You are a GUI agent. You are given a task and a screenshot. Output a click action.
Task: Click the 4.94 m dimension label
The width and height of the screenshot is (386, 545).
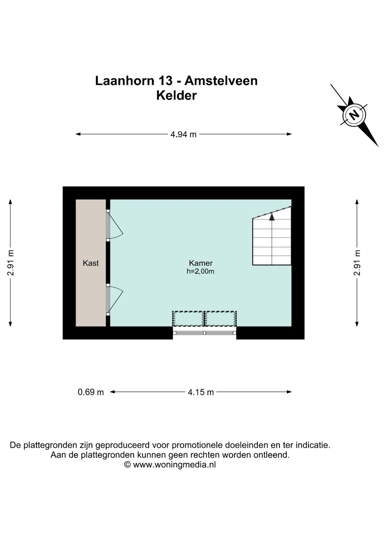point(183,134)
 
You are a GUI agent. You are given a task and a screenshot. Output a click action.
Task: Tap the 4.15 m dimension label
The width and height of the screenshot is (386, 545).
point(201,392)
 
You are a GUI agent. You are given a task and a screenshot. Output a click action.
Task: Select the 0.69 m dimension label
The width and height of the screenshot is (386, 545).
point(91,392)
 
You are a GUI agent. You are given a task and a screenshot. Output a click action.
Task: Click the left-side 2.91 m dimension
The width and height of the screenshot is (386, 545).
point(11,263)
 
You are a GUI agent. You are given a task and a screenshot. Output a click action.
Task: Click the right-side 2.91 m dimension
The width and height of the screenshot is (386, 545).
point(357,263)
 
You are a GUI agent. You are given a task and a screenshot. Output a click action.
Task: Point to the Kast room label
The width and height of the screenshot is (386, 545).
point(91,263)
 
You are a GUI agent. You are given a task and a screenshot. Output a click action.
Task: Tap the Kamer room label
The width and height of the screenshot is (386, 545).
point(201,263)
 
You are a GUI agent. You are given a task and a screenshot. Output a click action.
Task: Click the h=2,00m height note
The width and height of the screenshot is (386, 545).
point(201,271)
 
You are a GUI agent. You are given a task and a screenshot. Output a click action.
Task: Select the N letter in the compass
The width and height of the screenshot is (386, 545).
point(354,115)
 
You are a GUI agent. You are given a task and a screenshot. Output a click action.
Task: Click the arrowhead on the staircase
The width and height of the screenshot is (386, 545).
point(272,216)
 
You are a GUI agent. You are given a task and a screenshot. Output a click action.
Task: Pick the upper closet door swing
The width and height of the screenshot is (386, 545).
point(115,226)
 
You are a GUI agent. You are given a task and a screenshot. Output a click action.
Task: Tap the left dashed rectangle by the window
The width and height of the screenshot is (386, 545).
point(188,318)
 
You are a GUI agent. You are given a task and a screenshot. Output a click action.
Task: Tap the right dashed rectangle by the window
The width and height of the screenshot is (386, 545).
point(221,318)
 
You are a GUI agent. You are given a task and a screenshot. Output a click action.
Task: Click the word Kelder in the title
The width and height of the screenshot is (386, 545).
point(177,96)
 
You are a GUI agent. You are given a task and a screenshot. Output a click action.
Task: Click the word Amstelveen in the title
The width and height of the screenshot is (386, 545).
point(221,81)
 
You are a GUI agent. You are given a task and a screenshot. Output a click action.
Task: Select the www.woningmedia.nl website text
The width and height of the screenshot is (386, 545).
point(174,464)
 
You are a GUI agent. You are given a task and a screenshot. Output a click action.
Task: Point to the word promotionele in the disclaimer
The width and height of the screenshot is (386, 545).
point(197,445)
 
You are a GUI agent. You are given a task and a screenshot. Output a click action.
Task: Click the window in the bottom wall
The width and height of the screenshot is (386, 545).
point(204,333)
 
